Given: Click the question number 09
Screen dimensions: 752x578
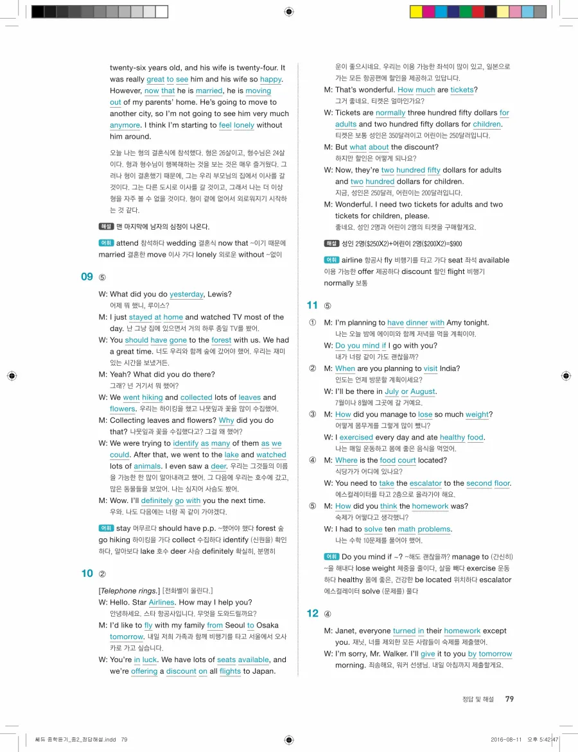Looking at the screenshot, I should pyautogui.click(x=87, y=277).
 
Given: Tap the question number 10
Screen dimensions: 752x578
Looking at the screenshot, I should pyautogui.click(x=87, y=574).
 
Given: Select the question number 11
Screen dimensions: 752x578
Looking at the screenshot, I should pyautogui.click(x=313, y=305).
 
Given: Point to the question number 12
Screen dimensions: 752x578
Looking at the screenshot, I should pyautogui.click(x=313, y=613).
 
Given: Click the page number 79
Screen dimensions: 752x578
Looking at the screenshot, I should pyautogui.click(x=509, y=699).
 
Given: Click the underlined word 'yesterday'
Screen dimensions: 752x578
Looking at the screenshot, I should pyautogui.click(x=186, y=294).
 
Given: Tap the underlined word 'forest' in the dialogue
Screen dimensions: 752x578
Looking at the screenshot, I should pyautogui.click(x=221, y=340).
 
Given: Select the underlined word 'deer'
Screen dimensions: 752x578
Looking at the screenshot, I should pyautogui.click(x=219, y=466).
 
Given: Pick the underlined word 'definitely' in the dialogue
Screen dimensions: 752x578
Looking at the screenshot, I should pyautogui.click(x=157, y=500).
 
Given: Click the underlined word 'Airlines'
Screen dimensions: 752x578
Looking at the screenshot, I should pyautogui.click(x=161, y=602).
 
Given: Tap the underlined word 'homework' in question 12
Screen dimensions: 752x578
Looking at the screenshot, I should pyautogui.click(x=462, y=631).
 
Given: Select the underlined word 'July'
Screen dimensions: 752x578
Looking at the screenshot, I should pyautogui.click(x=392, y=391).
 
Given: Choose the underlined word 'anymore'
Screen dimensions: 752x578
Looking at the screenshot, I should pyautogui.click(x=125, y=125).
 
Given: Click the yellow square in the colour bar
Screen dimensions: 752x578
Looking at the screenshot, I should pyautogui.click(x=416, y=12).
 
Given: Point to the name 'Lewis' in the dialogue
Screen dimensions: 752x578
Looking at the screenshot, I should pyautogui.click(x=218, y=294).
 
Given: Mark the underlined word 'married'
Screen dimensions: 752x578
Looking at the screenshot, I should pyautogui.click(x=209, y=91).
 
